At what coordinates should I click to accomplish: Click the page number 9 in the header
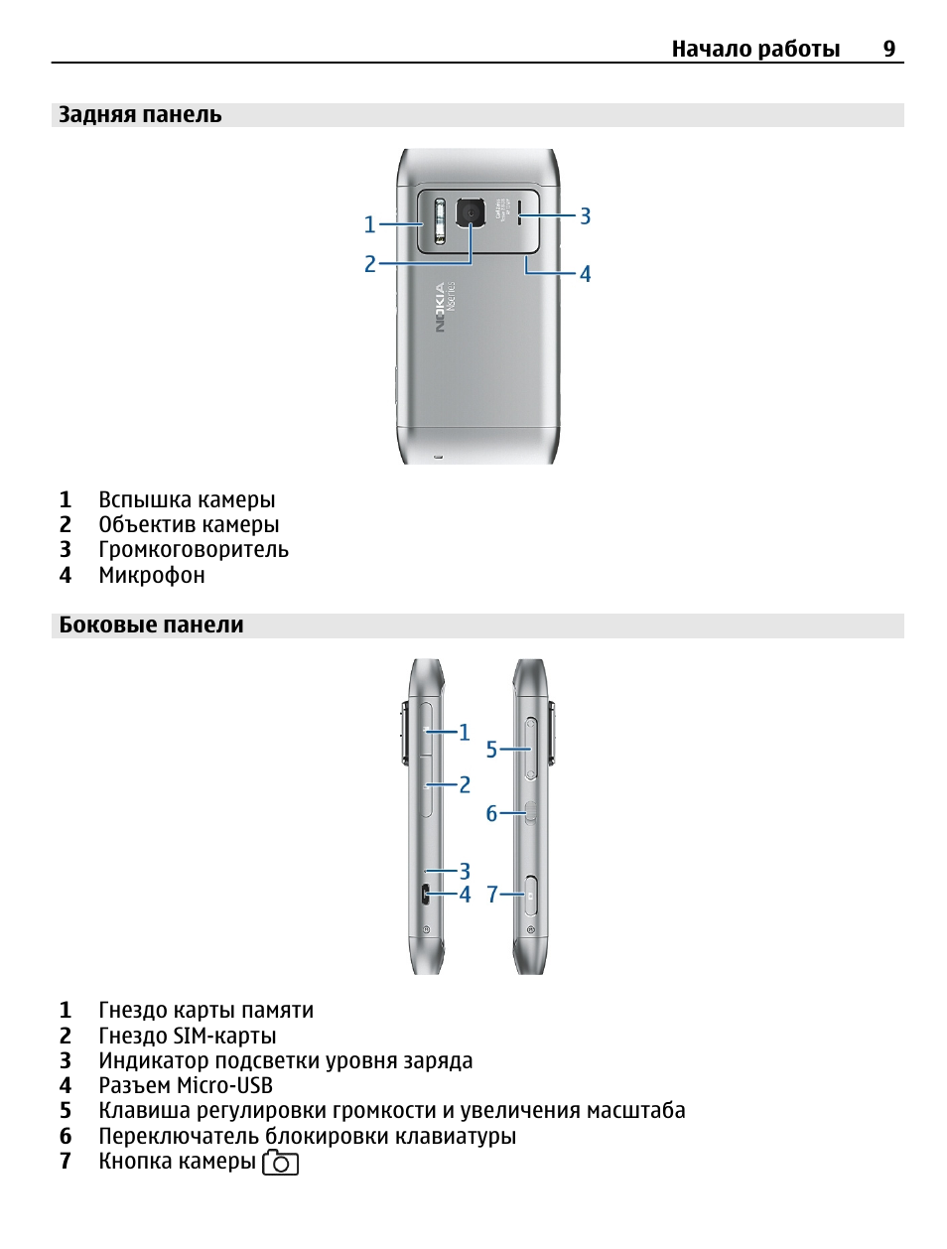888,49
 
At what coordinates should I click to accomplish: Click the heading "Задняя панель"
140,115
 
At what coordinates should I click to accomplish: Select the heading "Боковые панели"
151,625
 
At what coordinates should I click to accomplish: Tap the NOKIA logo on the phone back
440,308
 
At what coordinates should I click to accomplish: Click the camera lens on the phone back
471,212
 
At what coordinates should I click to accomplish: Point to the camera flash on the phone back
440,222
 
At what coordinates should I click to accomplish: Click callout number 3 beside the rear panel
586,216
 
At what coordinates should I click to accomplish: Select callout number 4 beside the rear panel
586,274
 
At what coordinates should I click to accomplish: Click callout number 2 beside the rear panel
370,264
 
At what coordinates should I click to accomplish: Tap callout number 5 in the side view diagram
491,750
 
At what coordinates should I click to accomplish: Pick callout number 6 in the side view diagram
491,814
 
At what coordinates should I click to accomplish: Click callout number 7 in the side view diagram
492,895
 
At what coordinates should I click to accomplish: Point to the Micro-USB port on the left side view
425,894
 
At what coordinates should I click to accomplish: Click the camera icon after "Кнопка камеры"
280,1163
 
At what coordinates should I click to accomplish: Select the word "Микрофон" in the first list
152,576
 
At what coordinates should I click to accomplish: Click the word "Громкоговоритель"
194,550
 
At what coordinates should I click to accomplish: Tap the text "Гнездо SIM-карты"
188,1036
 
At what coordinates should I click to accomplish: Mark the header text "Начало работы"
755,49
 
